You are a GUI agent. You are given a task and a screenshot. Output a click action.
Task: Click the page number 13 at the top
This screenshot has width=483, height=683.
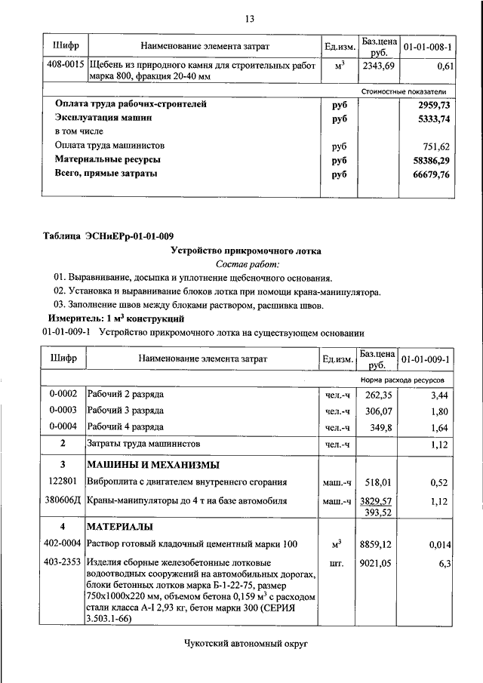point(250,18)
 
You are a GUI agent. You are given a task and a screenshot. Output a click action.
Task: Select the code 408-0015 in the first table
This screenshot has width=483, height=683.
point(64,66)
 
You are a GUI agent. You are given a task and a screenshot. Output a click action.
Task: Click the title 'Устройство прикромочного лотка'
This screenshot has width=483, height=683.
point(246,250)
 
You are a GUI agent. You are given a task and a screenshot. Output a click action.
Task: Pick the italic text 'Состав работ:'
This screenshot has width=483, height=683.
point(247,264)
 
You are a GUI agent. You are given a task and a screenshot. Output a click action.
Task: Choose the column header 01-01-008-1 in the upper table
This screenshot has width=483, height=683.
point(428,47)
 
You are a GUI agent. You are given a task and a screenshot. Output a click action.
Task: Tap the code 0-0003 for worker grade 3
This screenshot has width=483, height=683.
point(63,411)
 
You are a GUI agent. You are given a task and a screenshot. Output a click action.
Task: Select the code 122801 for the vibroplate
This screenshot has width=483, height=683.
point(63,482)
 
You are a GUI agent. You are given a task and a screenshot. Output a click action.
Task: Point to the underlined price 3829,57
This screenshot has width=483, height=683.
point(378,500)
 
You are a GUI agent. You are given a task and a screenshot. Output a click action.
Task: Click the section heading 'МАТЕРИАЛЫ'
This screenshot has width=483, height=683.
point(121,526)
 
